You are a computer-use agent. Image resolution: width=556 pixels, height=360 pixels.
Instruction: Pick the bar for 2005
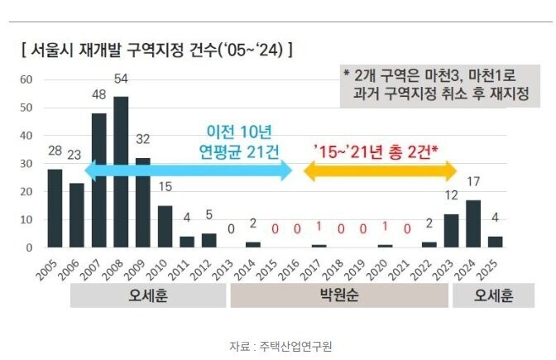click(55, 208)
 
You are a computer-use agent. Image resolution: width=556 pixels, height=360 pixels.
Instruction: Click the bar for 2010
click(165, 227)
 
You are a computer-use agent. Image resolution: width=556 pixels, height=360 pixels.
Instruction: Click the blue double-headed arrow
click(189, 171)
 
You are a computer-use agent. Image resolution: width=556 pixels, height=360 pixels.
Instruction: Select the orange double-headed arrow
click(381, 171)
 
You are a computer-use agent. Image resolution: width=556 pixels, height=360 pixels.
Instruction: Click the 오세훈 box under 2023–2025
click(494, 297)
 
